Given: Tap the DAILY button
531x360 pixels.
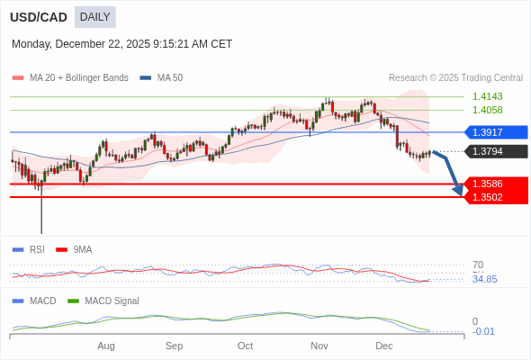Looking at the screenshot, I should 94,17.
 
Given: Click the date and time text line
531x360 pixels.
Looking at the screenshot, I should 121,44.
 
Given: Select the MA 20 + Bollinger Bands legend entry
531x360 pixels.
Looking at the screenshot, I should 70,78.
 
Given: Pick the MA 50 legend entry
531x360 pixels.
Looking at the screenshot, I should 162,78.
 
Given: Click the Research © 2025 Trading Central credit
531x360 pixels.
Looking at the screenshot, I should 455,78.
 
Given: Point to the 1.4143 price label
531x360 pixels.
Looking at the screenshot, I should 487,96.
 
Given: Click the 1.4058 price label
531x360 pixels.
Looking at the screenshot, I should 487,110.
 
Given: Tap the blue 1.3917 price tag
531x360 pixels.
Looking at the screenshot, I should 493,132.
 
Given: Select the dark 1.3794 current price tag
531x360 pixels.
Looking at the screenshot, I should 493,151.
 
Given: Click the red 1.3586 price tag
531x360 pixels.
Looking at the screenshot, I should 493,184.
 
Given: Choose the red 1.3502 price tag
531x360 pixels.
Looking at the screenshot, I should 493,197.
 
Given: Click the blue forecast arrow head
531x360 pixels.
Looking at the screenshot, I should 458,190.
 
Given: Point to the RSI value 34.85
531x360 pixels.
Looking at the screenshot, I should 484,279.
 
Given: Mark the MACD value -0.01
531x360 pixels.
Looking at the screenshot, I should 483,331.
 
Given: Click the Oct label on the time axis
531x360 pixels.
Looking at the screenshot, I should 246,346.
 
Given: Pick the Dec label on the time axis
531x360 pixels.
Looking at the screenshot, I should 384,346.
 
